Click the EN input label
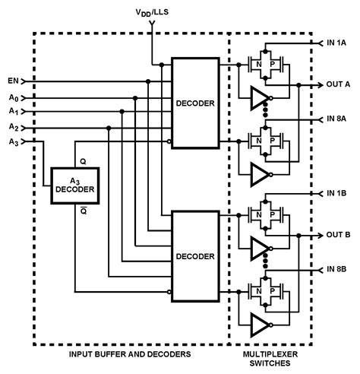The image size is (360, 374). point(13,80)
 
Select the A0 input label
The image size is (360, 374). point(13,97)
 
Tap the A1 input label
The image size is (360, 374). point(13,111)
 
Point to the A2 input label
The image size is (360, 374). point(13,126)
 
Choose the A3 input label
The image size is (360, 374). point(13,141)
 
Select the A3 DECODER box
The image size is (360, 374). point(74,185)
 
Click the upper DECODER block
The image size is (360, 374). point(195,103)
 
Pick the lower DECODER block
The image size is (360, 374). point(195,256)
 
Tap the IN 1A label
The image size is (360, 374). point(337,43)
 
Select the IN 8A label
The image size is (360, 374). point(337,119)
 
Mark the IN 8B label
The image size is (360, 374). point(337,269)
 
